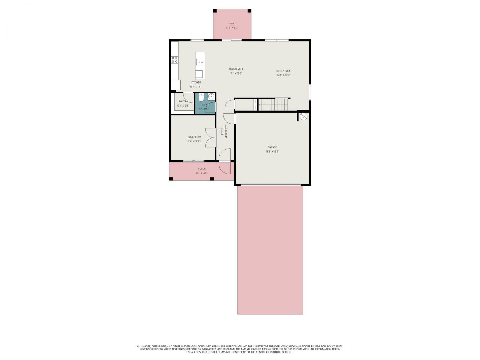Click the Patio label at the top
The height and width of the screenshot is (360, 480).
[x=232, y=24]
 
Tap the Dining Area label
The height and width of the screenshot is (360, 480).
[x=236, y=69]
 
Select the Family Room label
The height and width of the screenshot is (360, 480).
[x=283, y=71]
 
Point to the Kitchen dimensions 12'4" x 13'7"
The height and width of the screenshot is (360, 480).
[x=196, y=87]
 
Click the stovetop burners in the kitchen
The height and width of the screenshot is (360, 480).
[x=174, y=59]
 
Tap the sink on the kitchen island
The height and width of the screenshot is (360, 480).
[x=199, y=62]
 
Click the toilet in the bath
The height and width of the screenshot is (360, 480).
[x=201, y=98]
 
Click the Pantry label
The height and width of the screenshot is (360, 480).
[x=183, y=101]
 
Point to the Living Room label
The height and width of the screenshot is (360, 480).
[x=193, y=137]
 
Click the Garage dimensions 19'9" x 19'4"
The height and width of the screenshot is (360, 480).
[x=272, y=151]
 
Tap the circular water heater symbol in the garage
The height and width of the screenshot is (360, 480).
[x=304, y=117]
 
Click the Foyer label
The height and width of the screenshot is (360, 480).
[x=222, y=131]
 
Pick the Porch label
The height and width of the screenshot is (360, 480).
[x=202, y=169]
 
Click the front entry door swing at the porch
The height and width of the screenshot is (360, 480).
[x=225, y=167]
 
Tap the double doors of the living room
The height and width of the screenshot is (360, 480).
[x=211, y=137]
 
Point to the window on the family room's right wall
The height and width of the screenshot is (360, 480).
[x=310, y=91]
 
